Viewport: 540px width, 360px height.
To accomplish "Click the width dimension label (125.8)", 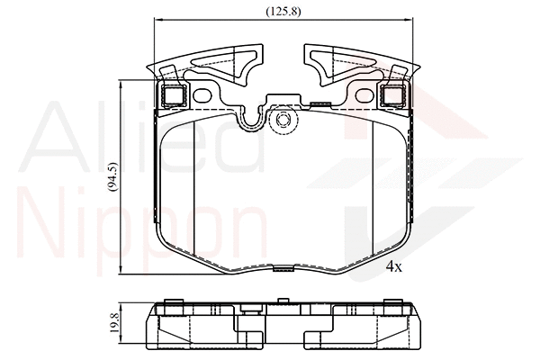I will point(283,12).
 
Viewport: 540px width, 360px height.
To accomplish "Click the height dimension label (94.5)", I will point(112,178).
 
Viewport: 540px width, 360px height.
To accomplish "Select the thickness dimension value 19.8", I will point(112,322).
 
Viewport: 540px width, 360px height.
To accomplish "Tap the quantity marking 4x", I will point(393,267).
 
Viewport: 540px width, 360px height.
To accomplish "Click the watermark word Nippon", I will point(144,229).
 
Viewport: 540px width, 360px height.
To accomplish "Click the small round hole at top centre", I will point(283,121).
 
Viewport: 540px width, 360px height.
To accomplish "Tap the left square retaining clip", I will point(171,94).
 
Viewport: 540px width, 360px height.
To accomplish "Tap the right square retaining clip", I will point(393,94).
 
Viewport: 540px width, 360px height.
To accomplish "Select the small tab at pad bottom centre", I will point(283,267).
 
